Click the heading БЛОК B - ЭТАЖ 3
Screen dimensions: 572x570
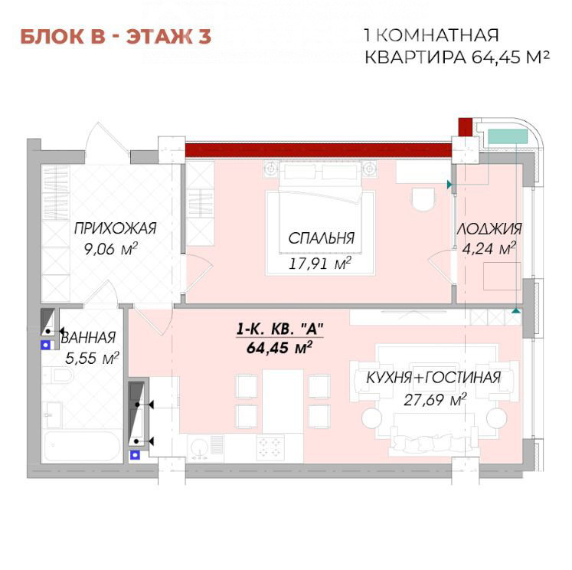[116, 37]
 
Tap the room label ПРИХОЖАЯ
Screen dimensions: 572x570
[116, 228]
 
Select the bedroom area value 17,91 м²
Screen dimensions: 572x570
[320, 263]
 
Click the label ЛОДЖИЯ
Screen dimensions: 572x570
[489, 229]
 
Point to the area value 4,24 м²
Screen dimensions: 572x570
[489, 248]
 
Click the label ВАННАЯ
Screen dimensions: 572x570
[88, 338]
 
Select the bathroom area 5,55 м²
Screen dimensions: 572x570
[92, 358]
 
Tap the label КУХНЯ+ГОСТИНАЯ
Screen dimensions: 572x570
[433, 378]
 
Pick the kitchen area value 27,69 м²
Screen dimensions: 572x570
[435, 400]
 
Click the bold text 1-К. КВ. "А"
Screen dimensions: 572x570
[279, 329]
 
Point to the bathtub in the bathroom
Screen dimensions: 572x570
[82, 447]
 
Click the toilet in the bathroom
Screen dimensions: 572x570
[58, 375]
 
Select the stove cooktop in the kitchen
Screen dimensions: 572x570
[270, 447]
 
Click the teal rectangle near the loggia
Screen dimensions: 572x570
[508, 136]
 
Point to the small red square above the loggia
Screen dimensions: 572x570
[466, 127]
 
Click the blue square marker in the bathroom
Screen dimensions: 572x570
[45, 345]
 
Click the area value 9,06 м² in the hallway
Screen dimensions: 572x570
[110, 249]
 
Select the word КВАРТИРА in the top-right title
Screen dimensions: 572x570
[415, 57]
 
